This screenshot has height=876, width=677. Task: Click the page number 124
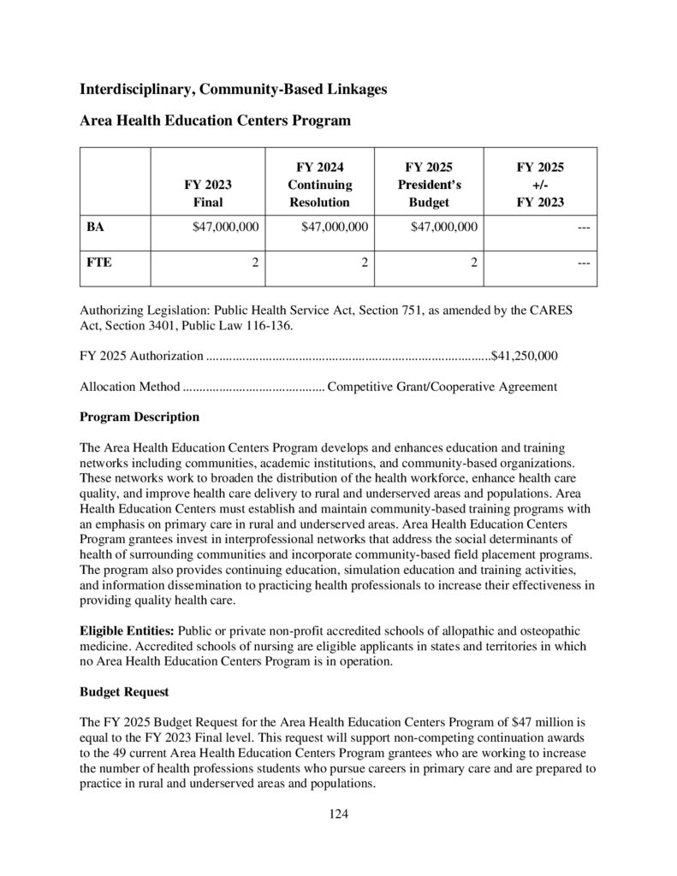coord(339,814)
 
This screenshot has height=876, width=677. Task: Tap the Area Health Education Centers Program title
coord(215,121)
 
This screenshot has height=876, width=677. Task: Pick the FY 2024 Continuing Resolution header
coord(318,184)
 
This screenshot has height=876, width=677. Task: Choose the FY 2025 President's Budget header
coord(429,184)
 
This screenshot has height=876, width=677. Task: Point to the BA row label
coord(96,227)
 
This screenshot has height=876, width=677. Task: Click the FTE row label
coord(99,263)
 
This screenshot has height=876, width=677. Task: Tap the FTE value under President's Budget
coord(473,263)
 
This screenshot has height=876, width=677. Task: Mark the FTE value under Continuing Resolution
coord(364,263)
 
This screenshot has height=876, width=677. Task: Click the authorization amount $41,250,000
coord(525,355)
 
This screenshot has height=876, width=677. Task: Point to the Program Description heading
coord(139,417)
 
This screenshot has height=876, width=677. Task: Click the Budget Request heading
coord(124,690)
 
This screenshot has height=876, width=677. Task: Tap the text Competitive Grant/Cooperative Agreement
coord(442,387)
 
